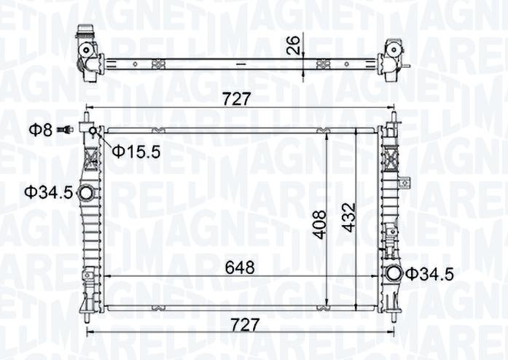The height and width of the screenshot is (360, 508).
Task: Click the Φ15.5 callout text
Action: coord(136,152)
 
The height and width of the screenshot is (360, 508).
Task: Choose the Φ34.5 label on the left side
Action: coord(48,192)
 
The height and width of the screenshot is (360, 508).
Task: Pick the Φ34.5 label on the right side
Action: coord(429,274)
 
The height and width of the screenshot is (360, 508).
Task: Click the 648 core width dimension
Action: coord(240,267)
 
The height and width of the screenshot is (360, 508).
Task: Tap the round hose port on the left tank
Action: coord(86,193)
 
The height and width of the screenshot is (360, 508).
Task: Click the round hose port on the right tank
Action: coord(394,275)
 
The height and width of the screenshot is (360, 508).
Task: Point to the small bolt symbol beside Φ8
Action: coord(67,130)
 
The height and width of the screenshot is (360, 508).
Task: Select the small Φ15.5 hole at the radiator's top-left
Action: coord(93,130)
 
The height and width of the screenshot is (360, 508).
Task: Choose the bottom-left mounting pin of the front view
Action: coord(87,315)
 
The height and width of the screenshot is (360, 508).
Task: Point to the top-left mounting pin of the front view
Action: coord(87,117)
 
